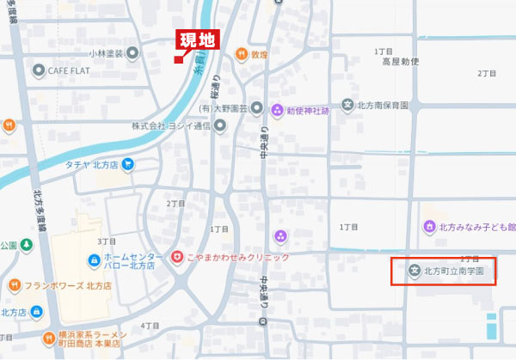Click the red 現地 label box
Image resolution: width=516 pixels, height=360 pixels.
199,40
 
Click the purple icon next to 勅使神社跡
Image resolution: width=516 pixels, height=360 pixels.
277,109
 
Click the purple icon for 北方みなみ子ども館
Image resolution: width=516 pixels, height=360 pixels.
431,227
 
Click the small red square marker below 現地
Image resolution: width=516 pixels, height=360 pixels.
177,59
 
